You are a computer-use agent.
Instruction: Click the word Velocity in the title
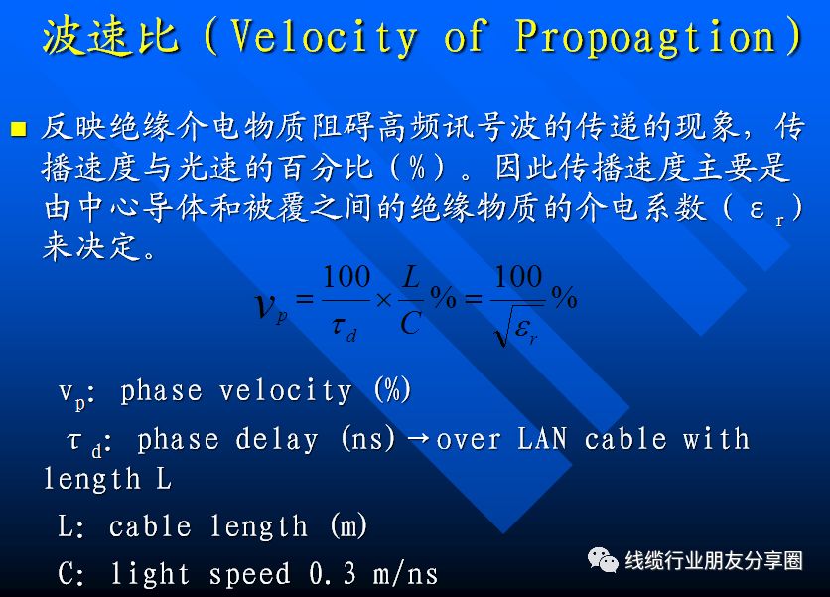pos(325,36)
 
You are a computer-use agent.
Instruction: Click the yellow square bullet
pos(19,129)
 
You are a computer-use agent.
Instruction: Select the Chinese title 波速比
pos(110,36)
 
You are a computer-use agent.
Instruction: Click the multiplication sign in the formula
pos(383,300)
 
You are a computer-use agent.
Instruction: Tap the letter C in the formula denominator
pos(411,322)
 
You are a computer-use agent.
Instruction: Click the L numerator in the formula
pos(411,277)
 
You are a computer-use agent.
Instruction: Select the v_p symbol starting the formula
pos(271,307)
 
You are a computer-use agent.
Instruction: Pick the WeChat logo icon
pos(603,560)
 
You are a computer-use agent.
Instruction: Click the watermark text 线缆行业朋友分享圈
pos(714,560)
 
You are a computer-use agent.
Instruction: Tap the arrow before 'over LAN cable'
pos(418,440)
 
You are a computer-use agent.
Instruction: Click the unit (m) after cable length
pos(348,526)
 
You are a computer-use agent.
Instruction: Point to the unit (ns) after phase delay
pos(368,439)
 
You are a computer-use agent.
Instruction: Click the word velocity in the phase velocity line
pos(285,391)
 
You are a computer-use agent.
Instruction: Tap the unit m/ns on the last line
pos(405,574)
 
